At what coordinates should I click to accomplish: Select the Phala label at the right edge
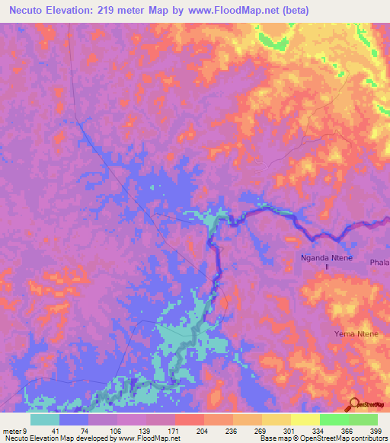click(x=379, y=263)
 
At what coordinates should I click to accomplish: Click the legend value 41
click(x=56, y=431)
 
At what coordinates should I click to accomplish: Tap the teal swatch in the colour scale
click(x=45, y=419)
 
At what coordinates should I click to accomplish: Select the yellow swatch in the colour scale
click(x=304, y=419)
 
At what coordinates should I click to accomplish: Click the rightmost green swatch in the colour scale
click(x=363, y=419)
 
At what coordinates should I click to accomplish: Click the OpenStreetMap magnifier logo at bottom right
click(x=356, y=405)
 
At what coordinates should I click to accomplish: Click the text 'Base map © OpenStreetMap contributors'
click(x=322, y=438)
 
